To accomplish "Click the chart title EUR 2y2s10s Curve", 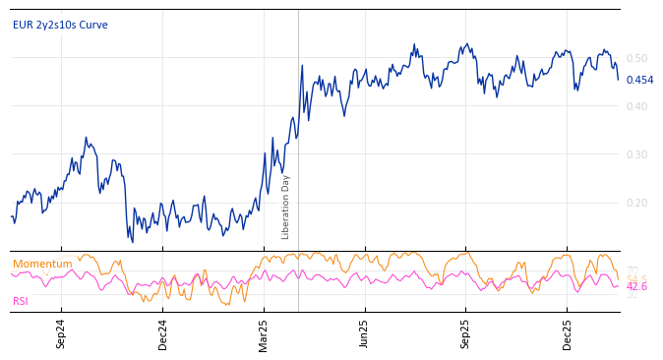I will [60, 25].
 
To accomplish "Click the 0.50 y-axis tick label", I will [637, 58].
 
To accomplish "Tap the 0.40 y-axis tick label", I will [637, 106].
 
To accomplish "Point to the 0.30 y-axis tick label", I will [637, 154].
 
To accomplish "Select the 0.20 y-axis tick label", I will [637, 203].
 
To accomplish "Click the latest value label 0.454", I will [639, 81].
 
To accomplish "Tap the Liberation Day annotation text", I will [286, 207].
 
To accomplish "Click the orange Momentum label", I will [42, 264].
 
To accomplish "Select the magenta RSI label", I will [20, 301].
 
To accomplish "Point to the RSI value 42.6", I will [636, 287].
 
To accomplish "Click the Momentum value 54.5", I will [636, 278].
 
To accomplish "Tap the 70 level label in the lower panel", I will [633, 270].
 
